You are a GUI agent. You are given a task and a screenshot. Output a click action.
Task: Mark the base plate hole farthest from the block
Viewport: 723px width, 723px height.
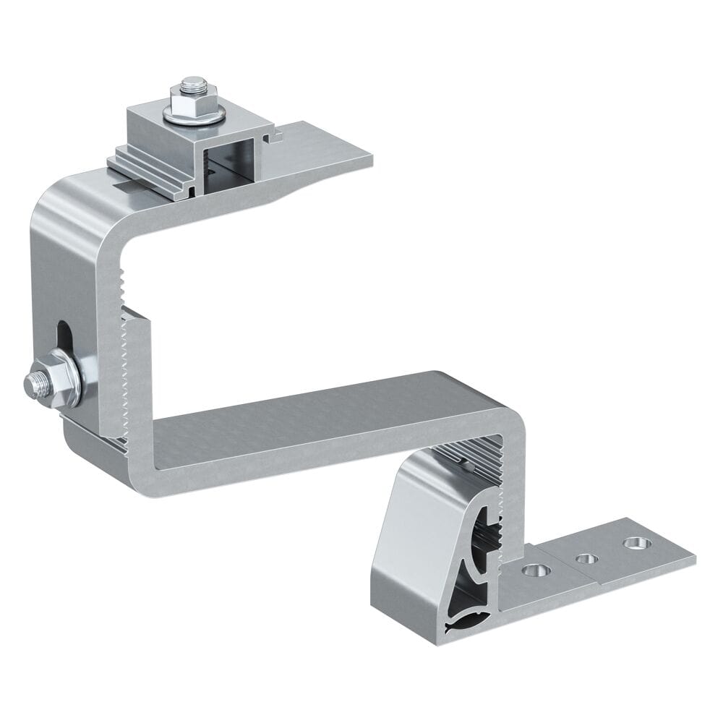point(635,542)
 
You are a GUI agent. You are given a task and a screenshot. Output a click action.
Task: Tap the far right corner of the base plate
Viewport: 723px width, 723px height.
point(694,557)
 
